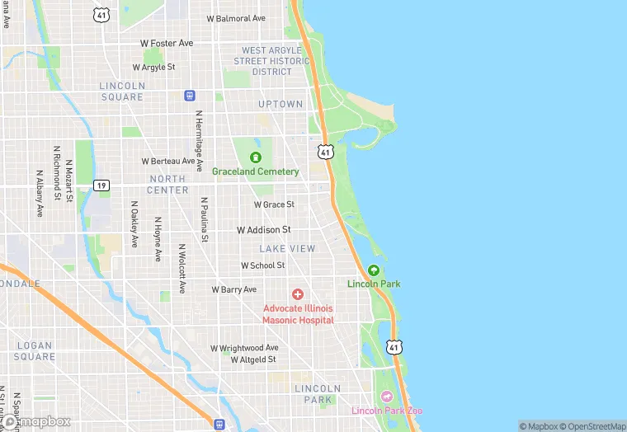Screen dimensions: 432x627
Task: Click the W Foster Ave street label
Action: [x=166, y=43]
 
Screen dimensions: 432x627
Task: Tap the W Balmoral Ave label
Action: [x=236, y=18]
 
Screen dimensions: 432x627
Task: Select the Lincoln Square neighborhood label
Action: [x=121, y=91]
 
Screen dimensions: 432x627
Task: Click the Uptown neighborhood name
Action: [x=280, y=105]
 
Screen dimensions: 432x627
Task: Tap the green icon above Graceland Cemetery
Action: [x=256, y=157]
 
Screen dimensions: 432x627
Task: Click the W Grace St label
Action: [x=274, y=204]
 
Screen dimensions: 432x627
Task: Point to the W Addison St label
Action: [x=263, y=230]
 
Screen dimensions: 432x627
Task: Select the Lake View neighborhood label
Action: [x=287, y=248]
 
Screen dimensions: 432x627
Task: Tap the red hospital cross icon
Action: [x=298, y=294]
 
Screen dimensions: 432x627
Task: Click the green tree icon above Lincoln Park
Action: [x=374, y=270]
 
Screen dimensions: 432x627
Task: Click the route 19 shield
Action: [x=101, y=185]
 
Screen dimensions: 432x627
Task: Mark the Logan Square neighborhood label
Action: [x=35, y=351]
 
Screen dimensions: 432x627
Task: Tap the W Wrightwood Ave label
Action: [x=243, y=348]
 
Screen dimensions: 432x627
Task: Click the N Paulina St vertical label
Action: [x=205, y=218]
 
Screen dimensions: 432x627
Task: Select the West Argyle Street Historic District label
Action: [x=272, y=61]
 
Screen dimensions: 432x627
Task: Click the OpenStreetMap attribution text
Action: [x=593, y=425]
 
